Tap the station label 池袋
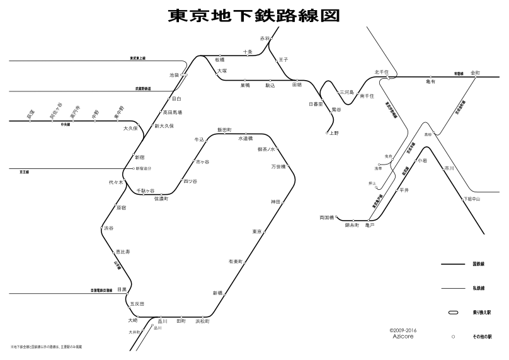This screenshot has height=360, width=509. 174,74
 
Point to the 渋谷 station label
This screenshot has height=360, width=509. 108,228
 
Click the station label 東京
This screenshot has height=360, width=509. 256,231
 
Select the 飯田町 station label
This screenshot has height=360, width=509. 225,129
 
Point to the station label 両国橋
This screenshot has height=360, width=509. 328,218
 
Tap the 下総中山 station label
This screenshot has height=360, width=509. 472,199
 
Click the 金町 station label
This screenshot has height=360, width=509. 474,73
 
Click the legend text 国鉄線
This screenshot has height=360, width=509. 478,264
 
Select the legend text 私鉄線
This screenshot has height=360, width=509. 478,288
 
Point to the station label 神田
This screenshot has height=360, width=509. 275,201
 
